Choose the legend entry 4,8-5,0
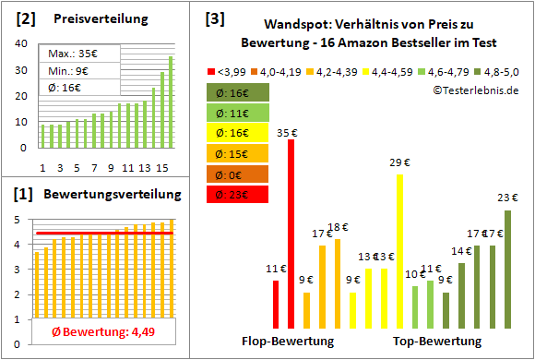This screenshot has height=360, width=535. (x=497, y=70)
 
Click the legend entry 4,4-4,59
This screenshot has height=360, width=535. (x=391, y=70)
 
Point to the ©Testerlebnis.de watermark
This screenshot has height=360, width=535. (x=475, y=90)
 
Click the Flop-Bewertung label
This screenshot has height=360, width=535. (x=287, y=342)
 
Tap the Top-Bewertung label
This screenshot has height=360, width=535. (x=436, y=342)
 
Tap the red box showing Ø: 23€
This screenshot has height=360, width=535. (x=238, y=195)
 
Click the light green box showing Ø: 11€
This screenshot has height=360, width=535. (x=238, y=114)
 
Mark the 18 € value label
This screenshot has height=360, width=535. (x=338, y=228)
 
